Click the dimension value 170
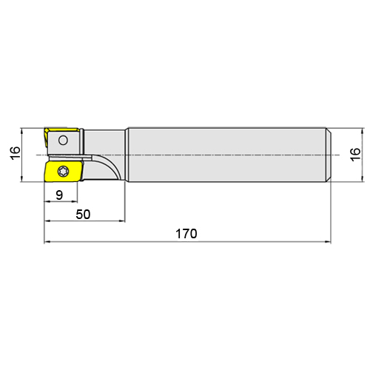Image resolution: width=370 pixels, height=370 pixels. click(186, 234)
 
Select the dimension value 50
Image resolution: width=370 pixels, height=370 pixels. click(83, 215)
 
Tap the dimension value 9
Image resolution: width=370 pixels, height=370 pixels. click(59, 195)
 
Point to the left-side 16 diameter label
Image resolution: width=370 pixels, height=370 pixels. click(16, 153)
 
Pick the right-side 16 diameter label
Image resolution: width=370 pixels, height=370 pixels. click(355, 155)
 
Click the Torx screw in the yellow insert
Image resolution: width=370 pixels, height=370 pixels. click(63, 172)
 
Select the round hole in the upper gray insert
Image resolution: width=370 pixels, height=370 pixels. click(63, 141)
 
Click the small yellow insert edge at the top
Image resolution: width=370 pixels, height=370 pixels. click(61, 130)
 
